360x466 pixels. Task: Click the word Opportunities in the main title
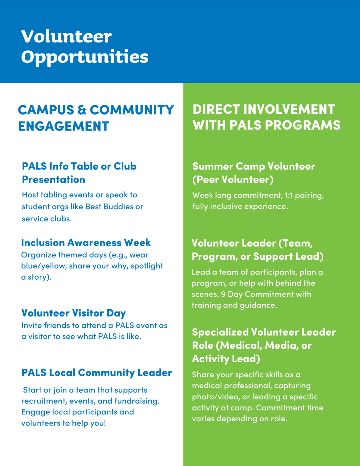[x=85, y=57]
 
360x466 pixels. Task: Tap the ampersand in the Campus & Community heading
[x=82, y=110]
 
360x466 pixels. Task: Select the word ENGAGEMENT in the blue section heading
[x=63, y=126]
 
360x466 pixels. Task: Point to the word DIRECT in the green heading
[x=216, y=110]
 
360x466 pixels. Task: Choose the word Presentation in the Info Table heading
[x=53, y=179]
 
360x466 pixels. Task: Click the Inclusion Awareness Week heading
[x=86, y=242]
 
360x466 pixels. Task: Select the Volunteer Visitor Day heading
[x=73, y=313]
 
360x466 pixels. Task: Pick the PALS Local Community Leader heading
[x=97, y=373]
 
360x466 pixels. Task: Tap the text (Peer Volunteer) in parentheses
[x=233, y=179]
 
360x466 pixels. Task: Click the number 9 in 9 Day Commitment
[x=223, y=294]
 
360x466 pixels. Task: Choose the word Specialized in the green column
[x=220, y=332]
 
